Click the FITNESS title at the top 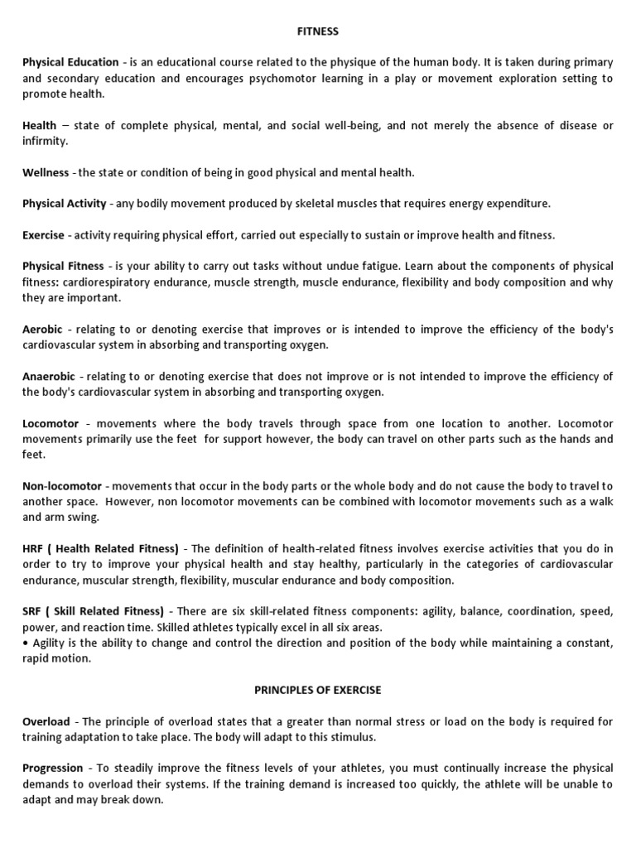click(318, 31)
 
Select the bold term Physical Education click(70, 63)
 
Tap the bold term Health click(40, 126)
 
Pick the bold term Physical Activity click(65, 204)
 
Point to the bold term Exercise click(43, 235)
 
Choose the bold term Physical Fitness click(63, 267)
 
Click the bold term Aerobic click(42, 330)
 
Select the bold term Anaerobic click(49, 377)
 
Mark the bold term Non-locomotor click(62, 486)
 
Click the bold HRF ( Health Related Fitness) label click(100, 549)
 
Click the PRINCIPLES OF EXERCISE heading click(318, 690)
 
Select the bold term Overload click(46, 722)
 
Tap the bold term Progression click(53, 768)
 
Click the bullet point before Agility click(25, 643)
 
